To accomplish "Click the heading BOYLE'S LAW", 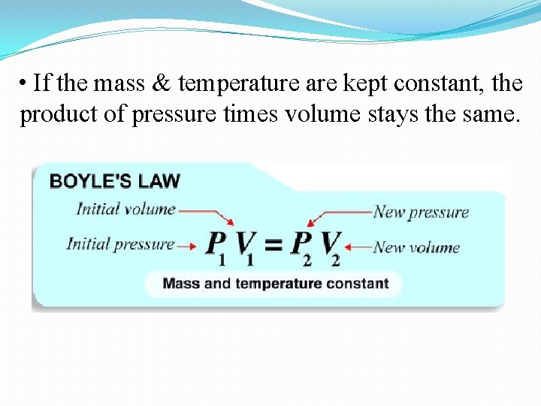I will pos(114,181).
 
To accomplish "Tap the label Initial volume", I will pos(125,209).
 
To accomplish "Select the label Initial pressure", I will pos(120,244).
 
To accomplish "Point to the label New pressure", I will pos(421,212).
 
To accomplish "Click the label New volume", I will pos(416,247).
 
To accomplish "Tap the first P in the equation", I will pos(216,244).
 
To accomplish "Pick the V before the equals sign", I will pos(246,244).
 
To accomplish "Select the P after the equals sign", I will pos(301,244).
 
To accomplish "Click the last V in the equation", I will pos(331,244).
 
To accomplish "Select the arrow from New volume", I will pos(358,246).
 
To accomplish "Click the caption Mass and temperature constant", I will pos(275,283).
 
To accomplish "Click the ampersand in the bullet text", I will pos(161,83).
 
